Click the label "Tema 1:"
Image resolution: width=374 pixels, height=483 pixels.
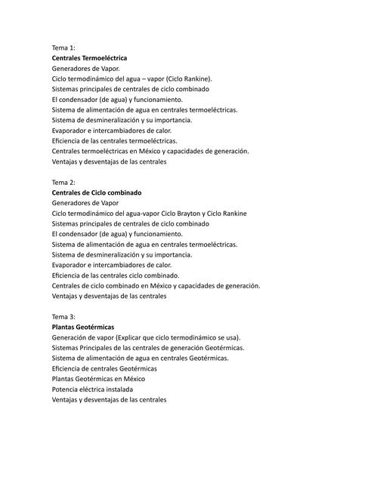63,48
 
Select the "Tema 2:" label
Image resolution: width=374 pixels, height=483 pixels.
63,183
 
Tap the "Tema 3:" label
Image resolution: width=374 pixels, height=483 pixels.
63,317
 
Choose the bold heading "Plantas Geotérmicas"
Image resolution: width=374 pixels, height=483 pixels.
83,328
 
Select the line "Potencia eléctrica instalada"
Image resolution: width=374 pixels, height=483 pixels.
96,389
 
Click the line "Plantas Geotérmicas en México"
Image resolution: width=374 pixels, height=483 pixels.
98,379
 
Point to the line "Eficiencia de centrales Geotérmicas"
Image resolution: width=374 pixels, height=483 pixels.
104,368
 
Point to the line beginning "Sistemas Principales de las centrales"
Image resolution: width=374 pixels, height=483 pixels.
148,348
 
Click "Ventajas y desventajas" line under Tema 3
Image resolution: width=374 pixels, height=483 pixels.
109,400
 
